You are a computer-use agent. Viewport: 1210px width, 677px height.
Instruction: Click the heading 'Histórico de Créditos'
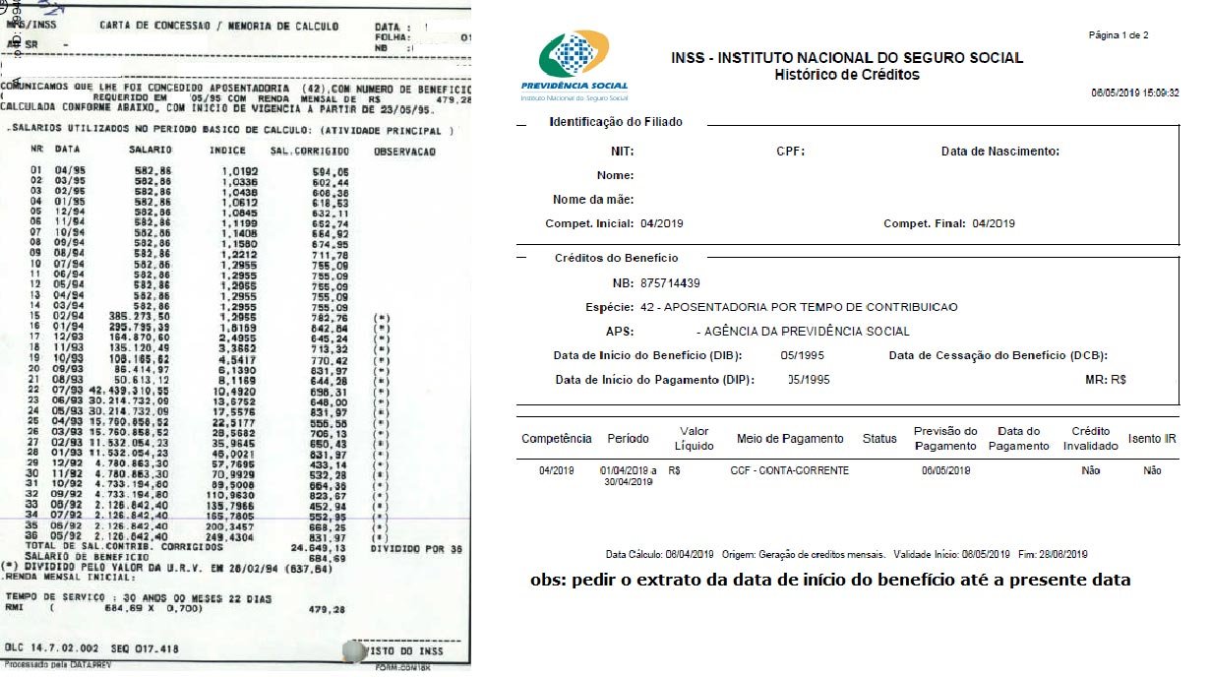point(846,75)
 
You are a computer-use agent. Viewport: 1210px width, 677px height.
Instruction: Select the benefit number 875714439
point(670,283)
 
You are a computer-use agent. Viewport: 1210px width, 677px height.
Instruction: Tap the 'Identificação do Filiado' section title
point(615,122)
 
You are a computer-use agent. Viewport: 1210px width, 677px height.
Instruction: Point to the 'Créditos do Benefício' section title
point(616,258)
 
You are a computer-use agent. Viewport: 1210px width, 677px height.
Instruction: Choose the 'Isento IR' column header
point(1152,439)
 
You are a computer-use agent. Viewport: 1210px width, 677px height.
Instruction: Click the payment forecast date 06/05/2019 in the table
point(945,470)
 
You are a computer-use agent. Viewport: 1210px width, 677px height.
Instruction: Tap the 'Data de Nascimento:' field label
point(999,152)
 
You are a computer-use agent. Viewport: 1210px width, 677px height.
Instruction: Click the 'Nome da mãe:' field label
point(592,200)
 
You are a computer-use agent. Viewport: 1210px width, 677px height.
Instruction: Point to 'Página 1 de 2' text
point(1119,35)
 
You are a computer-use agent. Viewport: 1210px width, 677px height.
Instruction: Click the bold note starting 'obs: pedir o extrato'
point(830,580)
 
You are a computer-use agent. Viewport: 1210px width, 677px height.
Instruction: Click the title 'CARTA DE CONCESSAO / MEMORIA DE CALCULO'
point(218,27)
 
